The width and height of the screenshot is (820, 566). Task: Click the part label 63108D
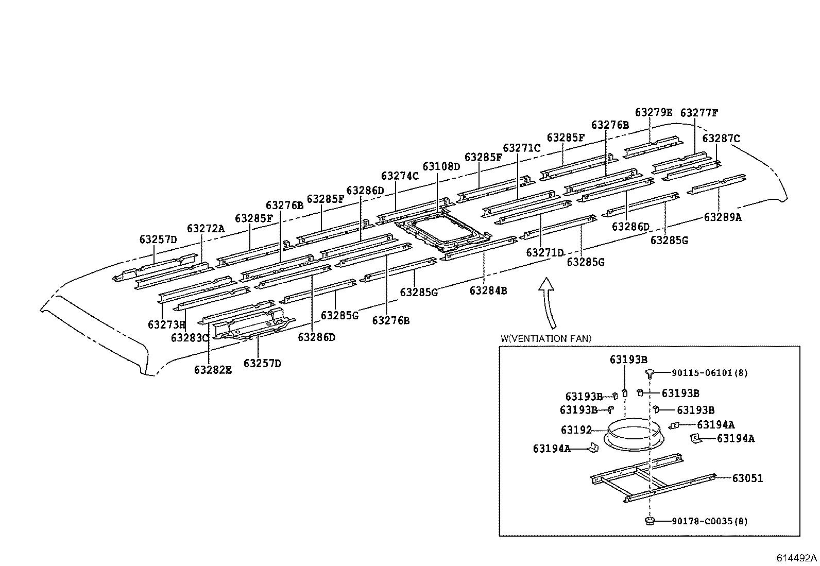coord(441,166)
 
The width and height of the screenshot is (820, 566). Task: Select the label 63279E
coord(654,112)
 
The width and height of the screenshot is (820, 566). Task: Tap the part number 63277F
coord(699,113)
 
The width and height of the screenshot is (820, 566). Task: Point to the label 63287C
coord(721,138)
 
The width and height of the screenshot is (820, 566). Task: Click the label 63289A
coord(723,217)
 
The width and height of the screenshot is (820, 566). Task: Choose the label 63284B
coord(488,290)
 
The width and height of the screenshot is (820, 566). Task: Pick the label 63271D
coord(545,252)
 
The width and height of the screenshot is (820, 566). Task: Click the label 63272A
coord(206,228)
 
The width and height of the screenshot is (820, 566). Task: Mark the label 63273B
coord(166,324)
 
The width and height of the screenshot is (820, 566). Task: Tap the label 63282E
coord(213,369)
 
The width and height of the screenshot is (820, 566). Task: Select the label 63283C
coord(190,337)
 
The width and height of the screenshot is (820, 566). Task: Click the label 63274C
coord(400,176)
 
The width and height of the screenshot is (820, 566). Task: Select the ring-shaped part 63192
coord(632,435)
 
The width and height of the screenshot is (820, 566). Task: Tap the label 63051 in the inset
coord(747,478)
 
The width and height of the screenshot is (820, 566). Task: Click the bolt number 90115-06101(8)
coord(709,372)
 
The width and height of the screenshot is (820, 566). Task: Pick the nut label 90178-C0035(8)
coord(709,521)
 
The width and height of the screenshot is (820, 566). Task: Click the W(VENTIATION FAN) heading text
coord(545,338)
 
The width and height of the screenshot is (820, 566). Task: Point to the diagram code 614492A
coord(797,558)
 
